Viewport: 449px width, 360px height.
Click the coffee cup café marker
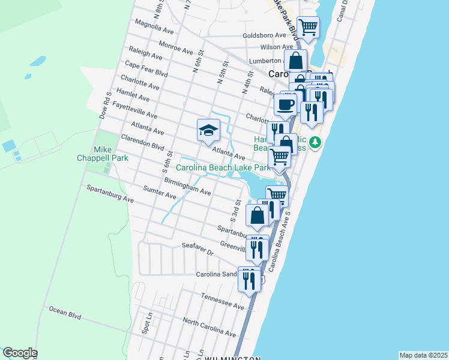[x=286, y=104]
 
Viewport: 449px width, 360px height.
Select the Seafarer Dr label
[x=197, y=250]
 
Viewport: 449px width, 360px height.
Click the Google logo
[x=20, y=353]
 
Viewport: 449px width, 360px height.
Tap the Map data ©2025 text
[x=423, y=355]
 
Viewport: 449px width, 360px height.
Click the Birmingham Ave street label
[x=187, y=185]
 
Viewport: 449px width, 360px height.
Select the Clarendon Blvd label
[x=142, y=141]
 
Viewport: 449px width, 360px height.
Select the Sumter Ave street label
[x=160, y=193]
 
